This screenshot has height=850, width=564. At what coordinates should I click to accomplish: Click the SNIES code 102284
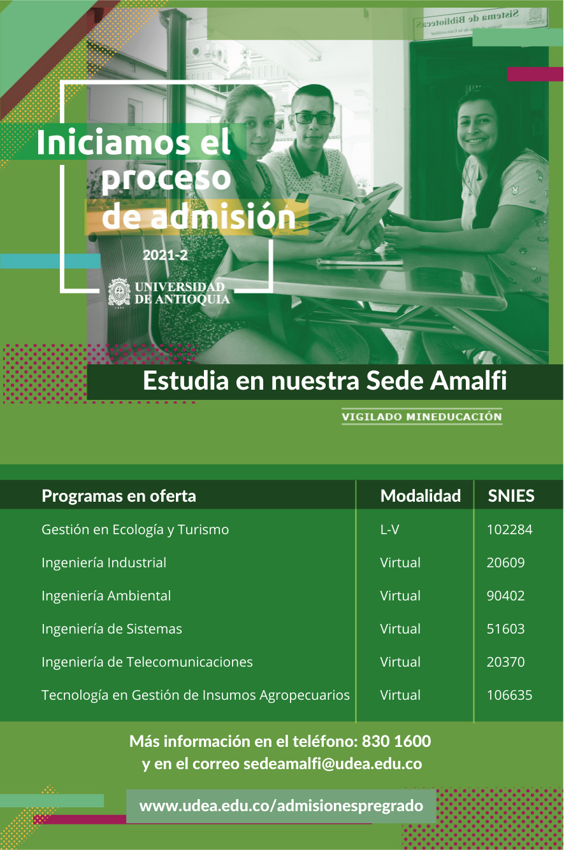click(x=509, y=529)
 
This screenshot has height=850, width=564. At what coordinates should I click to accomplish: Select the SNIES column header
click(x=511, y=495)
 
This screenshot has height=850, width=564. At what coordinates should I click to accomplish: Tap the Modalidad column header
click(x=421, y=495)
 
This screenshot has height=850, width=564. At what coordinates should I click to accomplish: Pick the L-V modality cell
click(x=389, y=529)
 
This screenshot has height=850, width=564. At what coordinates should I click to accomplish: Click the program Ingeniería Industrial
click(x=104, y=562)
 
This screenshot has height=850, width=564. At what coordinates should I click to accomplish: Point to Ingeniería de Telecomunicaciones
click(x=147, y=662)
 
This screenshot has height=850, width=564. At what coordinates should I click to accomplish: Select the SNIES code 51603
click(x=505, y=629)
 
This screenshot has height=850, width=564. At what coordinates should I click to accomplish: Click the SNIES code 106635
click(x=509, y=695)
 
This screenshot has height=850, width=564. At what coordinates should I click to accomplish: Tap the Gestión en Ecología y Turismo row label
click(x=135, y=530)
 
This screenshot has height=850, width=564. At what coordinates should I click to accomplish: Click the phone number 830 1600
click(x=396, y=741)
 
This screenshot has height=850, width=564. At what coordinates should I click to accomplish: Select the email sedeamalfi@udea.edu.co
click(x=333, y=764)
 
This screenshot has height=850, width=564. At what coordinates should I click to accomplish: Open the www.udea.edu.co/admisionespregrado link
click(x=281, y=805)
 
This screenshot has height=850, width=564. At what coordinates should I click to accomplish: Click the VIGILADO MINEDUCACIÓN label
click(x=422, y=416)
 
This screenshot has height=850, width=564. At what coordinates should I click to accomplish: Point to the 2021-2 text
click(x=165, y=255)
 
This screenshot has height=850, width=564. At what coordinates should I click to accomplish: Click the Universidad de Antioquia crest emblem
click(x=119, y=293)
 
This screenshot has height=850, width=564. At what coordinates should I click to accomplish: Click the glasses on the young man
click(x=314, y=118)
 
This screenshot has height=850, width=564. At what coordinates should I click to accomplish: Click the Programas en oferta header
click(x=119, y=495)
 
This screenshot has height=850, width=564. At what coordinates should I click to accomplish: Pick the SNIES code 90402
click(x=505, y=596)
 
